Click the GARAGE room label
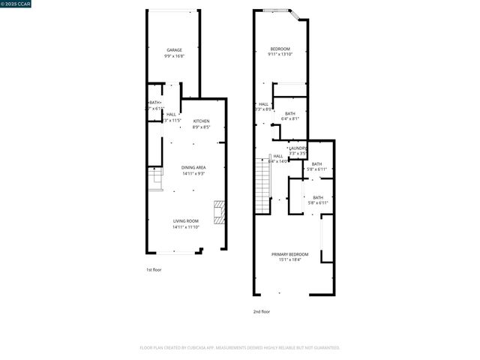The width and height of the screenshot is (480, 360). coord(174,50)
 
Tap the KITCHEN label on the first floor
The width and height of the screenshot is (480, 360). coord(202,121)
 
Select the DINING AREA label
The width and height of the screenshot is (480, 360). coord(194,167)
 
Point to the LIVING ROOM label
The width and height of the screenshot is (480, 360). coord(186,220)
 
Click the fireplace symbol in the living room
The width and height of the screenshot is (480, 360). coord(219,212)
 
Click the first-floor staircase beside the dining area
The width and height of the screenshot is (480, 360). coord(155,179)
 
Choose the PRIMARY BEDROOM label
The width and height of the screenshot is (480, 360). coord(289,254)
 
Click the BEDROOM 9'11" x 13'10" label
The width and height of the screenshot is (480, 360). coord(280,49)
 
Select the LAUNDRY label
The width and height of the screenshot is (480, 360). coord(298,148)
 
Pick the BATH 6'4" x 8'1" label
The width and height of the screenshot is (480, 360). coord(289,113)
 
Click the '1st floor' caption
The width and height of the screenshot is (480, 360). coord(154,269)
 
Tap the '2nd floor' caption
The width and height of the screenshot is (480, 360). coord(261,311)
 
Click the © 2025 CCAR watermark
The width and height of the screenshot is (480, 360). coord(16,4)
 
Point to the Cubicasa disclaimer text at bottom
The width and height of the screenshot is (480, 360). coord(240,347)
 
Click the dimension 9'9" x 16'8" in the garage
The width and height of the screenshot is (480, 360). coord(174,56)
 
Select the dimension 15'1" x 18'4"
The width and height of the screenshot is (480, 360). coord(289,260)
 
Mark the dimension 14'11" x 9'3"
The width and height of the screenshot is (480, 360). coord(194,173)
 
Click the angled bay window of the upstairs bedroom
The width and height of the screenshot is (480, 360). coord(296,14)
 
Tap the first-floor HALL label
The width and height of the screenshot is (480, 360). coord(172,114)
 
